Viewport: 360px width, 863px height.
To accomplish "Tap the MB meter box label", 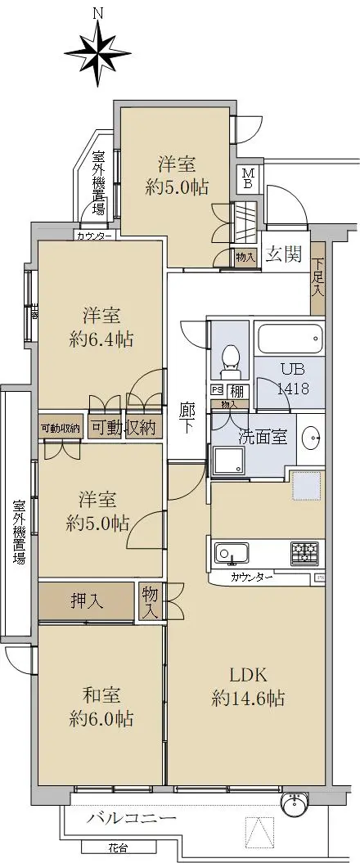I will click(x=249, y=178).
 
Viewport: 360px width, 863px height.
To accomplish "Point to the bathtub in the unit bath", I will click(x=290, y=337).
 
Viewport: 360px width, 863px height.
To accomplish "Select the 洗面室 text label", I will click(x=262, y=436).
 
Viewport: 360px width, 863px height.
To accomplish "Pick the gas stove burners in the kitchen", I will click(x=308, y=554).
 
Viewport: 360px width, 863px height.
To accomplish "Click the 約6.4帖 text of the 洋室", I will click(x=101, y=338).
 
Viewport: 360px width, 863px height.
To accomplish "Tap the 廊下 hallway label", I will click(x=187, y=418).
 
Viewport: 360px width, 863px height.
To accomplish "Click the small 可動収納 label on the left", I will click(x=60, y=428).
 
